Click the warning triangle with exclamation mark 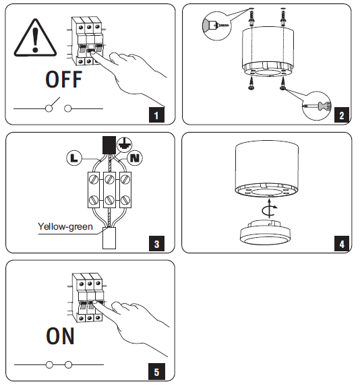(35, 38)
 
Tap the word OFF (64, 79)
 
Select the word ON (61, 336)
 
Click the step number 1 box (156, 115)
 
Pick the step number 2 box (342, 115)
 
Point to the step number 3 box (156, 243)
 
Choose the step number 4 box (342, 243)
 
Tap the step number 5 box (156, 371)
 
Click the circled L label (74, 158)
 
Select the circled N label (135, 158)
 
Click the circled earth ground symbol (125, 145)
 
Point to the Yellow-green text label (65, 227)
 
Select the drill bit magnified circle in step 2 (217, 26)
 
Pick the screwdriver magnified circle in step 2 (317, 106)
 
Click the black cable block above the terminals (109, 146)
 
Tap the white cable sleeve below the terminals (109, 238)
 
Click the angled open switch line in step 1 (55, 102)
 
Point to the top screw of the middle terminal (109, 179)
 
